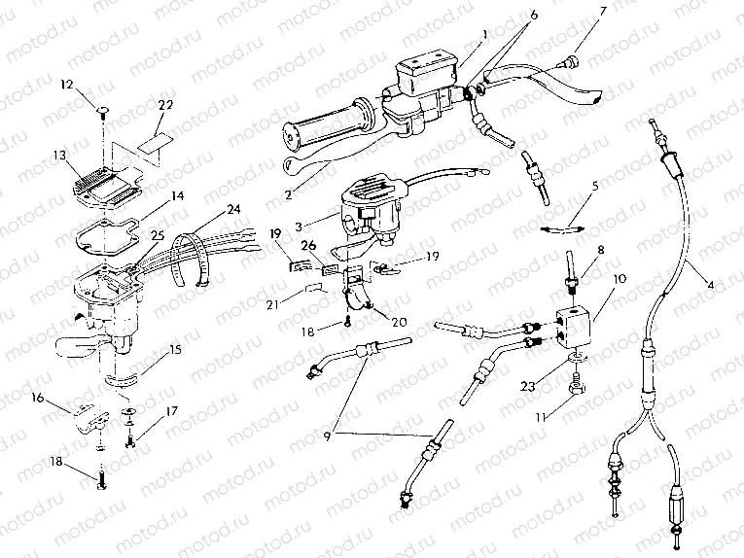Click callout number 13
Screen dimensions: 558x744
pyautogui.click(x=60, y=155)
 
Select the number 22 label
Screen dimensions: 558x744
pyautogui.click(x=166, y=105)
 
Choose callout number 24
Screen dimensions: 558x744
pyautogui.click(x=233, y=208)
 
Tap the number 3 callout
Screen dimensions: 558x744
pyautogui.click(x=327, y=198)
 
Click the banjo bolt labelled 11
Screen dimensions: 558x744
pyautogui.click(x=577, y=391)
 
